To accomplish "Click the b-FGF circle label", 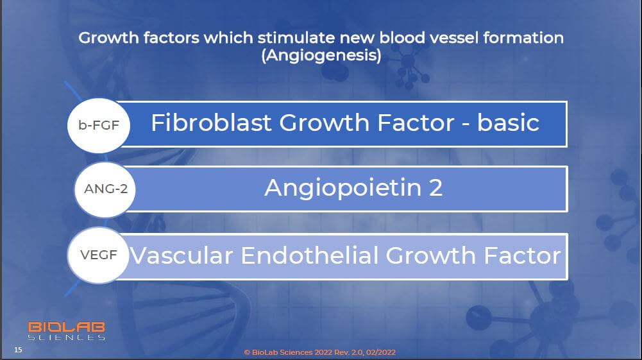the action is pos(99,125).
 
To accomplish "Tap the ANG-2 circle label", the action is pos(105,189).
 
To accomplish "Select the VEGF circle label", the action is pos(98,255).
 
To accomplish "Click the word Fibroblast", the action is pos(211,123).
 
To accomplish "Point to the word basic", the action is pos(508,123).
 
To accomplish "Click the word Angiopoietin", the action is pos(343,189).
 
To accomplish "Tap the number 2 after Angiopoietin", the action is pos(435,188).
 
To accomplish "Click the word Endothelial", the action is pos(310,255).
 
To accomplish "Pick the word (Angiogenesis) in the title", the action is pos(321,55).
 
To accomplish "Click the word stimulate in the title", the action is pos(296,38).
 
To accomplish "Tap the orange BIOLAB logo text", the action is pos(66,327).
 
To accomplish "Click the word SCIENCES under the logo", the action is pos(66,338).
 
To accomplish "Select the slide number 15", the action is pos(18,349).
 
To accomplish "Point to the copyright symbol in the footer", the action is pos(247,352).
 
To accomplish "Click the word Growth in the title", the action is pos(108,38).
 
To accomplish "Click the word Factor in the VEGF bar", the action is pos(523,255).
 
